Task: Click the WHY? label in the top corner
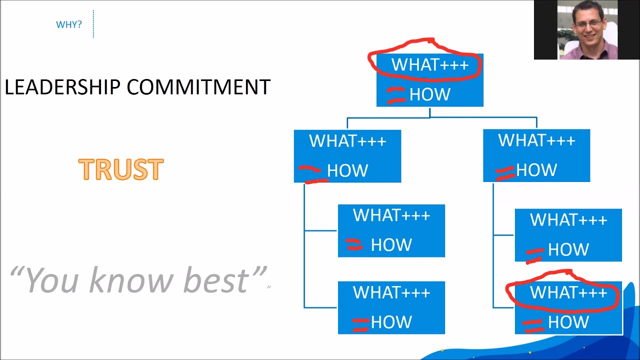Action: pos(68,24)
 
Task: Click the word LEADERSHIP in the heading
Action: pos(62,87)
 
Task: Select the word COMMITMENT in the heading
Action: pos(198,87)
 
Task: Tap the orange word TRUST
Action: pos(121,170)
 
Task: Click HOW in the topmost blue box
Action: pos(430,94)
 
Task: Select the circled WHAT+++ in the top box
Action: pos(429,64)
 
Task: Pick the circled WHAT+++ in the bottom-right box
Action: pos(568,292)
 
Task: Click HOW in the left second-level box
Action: pos(347,170)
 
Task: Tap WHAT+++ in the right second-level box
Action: pos(536,140)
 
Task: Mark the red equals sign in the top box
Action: pos(396,95)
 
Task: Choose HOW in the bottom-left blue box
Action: pos(391,322)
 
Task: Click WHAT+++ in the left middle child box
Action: pos(391,215)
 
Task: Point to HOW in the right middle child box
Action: pos(568,249)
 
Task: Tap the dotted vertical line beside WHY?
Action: pos(93,24)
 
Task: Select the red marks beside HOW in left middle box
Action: pos(354,244)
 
